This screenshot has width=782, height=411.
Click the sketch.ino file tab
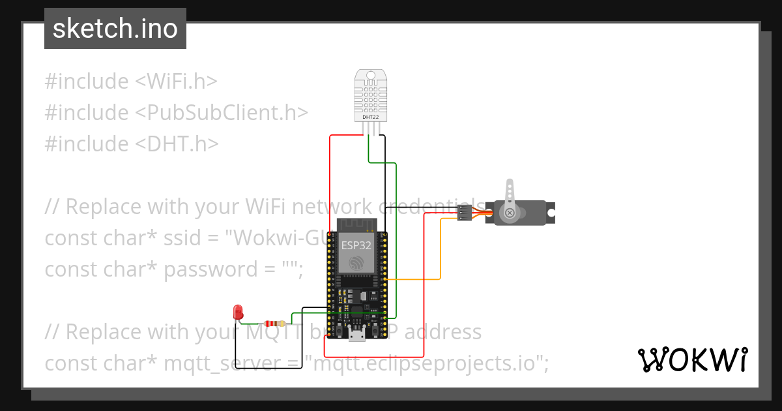point(115,29)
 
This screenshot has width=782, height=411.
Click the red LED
point(238,312)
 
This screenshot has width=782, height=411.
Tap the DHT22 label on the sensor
point(370,117)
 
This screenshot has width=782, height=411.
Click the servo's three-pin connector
point(465,213)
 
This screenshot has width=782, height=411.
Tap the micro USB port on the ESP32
point(356,335)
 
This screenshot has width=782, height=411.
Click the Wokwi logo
point(693,360)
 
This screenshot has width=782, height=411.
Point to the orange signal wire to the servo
point(441,248)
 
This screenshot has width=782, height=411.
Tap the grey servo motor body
point(525,213)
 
